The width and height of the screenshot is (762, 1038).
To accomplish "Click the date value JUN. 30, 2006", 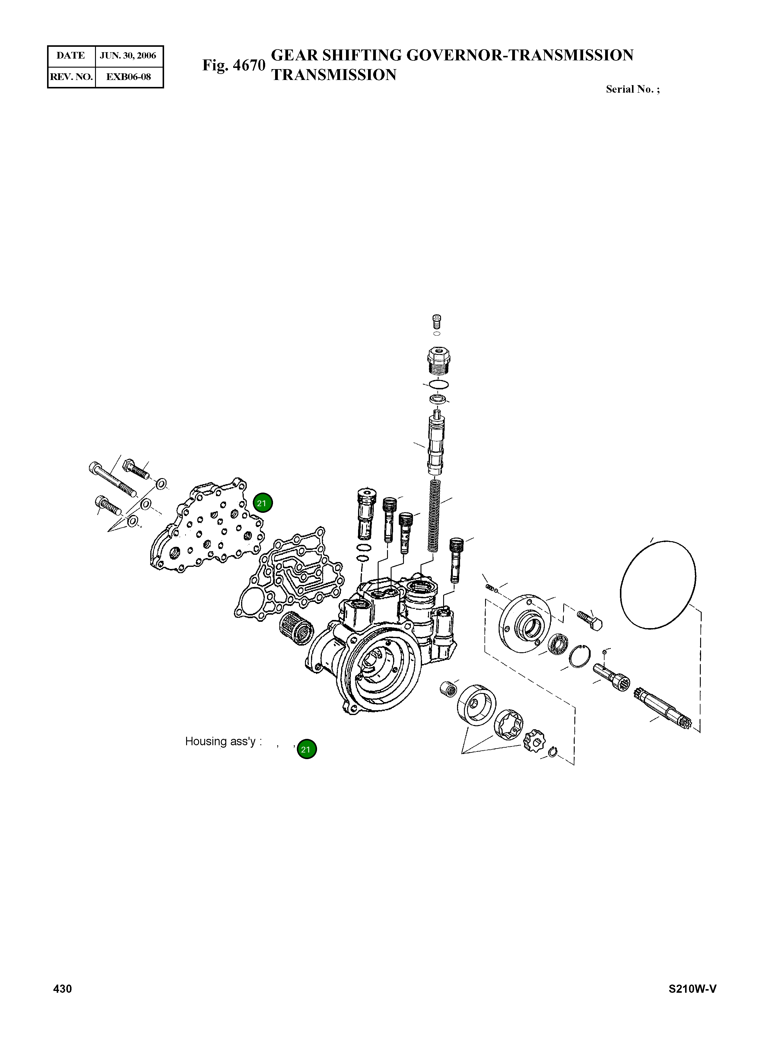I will pos(128,56).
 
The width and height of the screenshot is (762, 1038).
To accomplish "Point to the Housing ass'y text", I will pos(223,741).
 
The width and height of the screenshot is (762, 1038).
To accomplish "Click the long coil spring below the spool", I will pos(434,515).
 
